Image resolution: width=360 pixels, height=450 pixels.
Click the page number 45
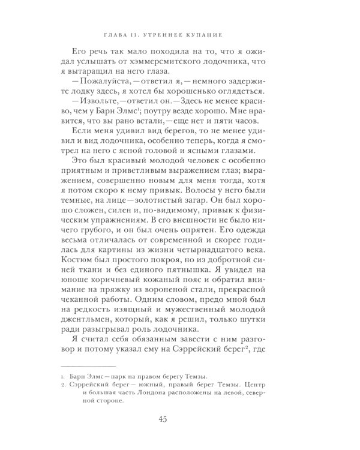[180, 419]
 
